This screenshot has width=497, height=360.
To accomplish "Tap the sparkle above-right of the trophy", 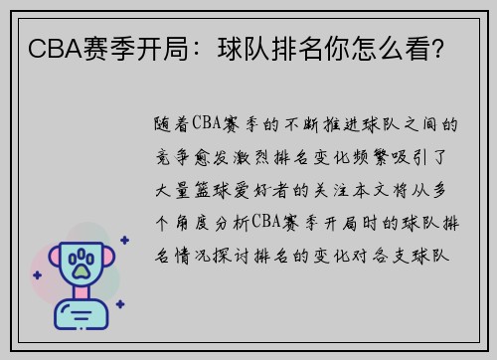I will click(123, 239).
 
